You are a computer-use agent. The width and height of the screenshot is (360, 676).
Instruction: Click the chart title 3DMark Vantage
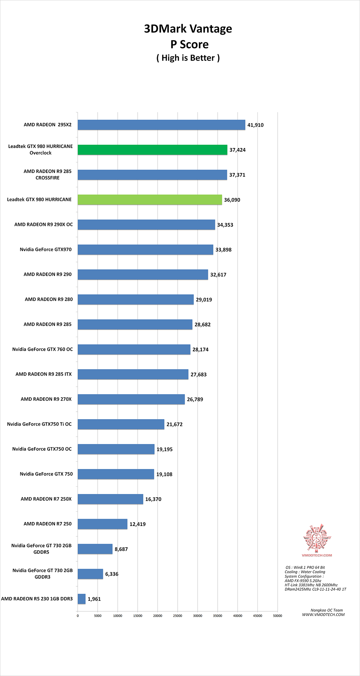coord(188,29)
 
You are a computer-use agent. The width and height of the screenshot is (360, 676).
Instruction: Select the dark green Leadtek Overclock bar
coord(152,150)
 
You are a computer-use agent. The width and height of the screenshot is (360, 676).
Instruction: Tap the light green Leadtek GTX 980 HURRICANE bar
coord(150,200)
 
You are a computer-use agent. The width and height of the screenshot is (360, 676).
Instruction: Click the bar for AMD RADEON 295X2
coord(161,125)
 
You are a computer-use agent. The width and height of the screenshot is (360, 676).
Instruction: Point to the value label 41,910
coord(255,125)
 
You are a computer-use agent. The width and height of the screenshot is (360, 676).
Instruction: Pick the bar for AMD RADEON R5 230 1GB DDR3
coord(82,599)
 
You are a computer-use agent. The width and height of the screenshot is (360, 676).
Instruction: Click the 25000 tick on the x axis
coord(178,616)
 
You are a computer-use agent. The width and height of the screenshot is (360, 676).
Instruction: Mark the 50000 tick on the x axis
coord(278,616)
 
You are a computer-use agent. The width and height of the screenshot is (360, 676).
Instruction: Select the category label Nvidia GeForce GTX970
coord(46,249)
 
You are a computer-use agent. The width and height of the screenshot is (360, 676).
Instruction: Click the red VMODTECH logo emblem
coord(317,537)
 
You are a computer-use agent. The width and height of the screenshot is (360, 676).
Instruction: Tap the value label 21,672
coord(174,424)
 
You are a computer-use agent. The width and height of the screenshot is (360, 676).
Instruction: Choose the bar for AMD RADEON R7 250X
coord(110,499)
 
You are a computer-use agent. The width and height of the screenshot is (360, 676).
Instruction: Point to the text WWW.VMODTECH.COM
coord(323,615)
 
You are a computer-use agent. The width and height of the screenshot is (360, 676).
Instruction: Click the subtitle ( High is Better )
coord(188,58)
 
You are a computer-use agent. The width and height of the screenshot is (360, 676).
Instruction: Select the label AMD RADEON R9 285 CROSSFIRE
coord(47,174)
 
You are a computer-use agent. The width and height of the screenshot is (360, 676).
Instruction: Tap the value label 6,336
coord(112,574)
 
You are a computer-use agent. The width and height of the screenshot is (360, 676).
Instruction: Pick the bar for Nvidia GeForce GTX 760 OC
coord(134,349)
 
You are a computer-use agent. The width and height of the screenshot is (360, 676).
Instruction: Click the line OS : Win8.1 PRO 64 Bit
coord(305,567)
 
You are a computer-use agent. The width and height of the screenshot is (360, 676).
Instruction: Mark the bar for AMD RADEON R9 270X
coord(131,399)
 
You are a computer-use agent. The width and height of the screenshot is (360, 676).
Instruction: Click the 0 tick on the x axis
coord(78,616)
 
